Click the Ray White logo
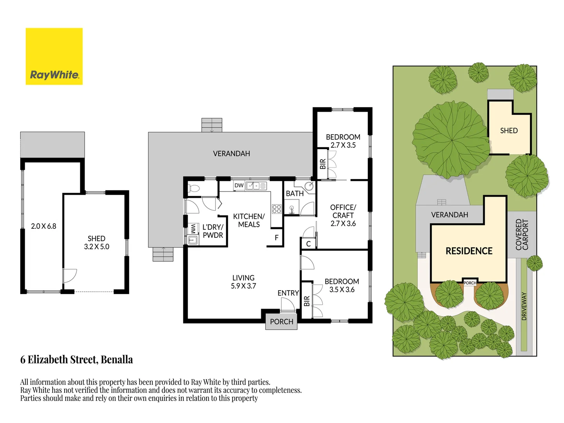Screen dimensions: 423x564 coord(54,56)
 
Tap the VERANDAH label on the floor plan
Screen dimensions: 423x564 coord(231,154)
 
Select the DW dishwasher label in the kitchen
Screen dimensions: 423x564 coord(239,185)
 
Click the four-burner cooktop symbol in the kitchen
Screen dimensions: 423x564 coord(277,209)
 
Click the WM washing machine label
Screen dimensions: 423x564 coord(193,229)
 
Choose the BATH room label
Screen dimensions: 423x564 coord(295,193)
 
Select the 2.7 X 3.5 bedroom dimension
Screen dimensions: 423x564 coord(343,145)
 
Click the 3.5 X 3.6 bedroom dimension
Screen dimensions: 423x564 coord(342,290)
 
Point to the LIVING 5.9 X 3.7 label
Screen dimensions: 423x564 coord(243,282)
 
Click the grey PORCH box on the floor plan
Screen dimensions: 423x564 coord(281,322)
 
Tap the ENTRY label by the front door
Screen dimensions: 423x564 coord(288,293)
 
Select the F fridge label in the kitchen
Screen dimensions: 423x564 coord(277,238)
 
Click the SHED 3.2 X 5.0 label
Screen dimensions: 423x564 coord(96,242)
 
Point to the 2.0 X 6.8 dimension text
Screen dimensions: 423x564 coord(43,226)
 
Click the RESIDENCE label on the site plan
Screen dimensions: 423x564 coord(469,251)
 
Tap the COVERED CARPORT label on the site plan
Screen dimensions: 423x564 coord(522,235)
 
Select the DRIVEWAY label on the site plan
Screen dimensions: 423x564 coord(524,306)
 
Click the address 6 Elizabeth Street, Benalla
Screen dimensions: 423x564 coord(76,360)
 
